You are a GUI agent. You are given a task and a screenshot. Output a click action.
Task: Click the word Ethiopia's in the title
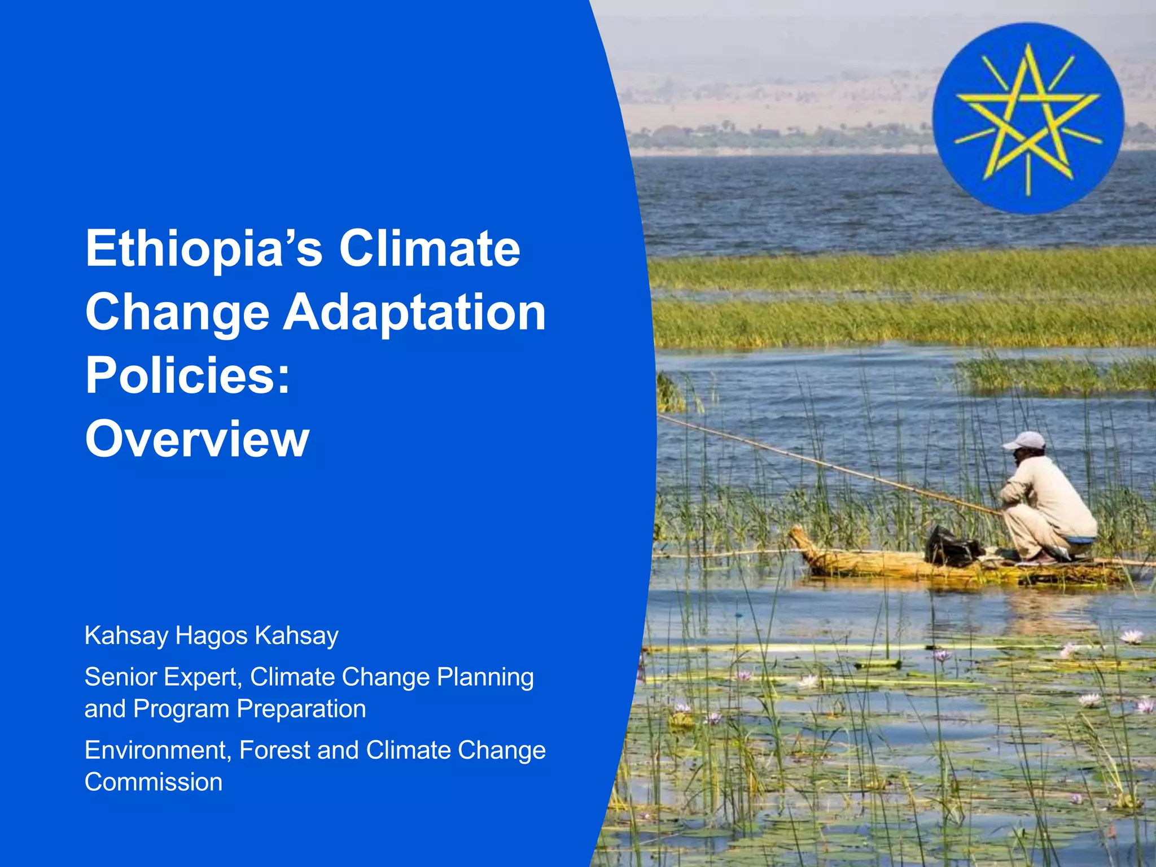(203, 248)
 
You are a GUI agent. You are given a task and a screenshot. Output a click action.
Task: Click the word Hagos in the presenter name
(212, 636)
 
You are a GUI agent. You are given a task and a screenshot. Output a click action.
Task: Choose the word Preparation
(301, 709)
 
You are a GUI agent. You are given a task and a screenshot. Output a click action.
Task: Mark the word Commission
(154, 782)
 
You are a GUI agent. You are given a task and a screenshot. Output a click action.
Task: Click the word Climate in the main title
(430, 248)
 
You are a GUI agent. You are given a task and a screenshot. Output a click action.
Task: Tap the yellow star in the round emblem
(1027, 116)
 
